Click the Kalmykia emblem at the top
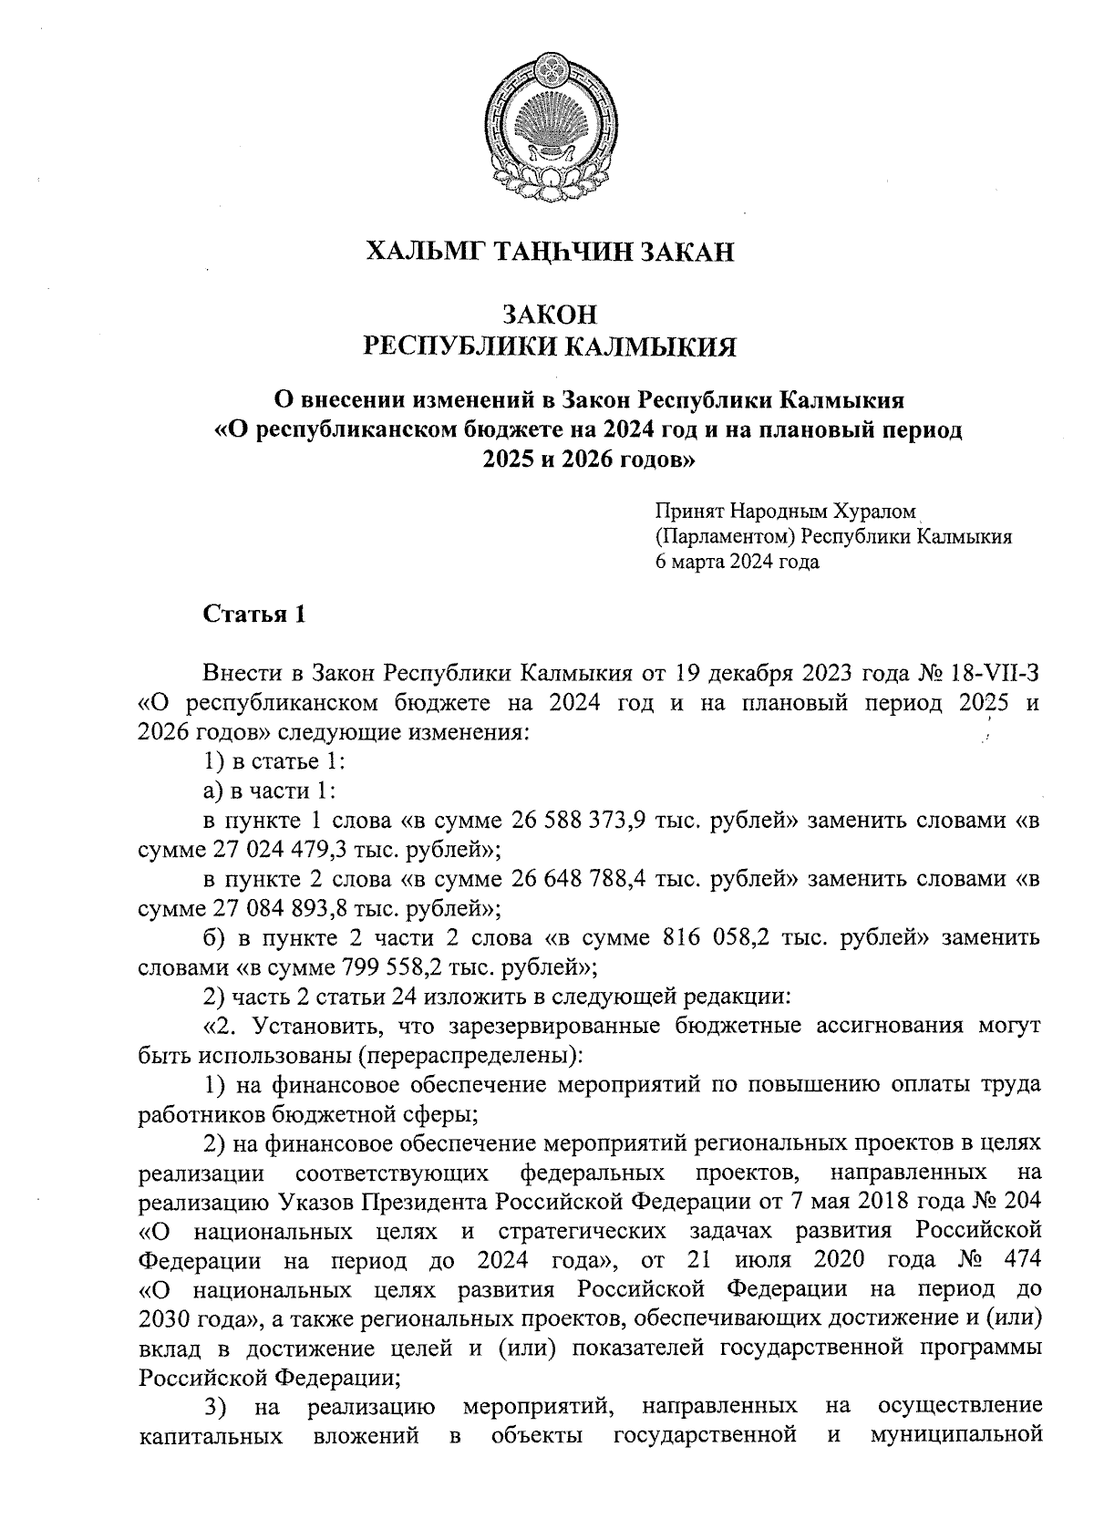[549, 124]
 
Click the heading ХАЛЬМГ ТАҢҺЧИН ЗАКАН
[549, 252]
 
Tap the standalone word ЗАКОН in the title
[549, 315]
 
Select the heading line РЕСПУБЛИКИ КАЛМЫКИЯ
[549, 346]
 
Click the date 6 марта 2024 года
[737, 562]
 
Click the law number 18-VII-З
[996, 674]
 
